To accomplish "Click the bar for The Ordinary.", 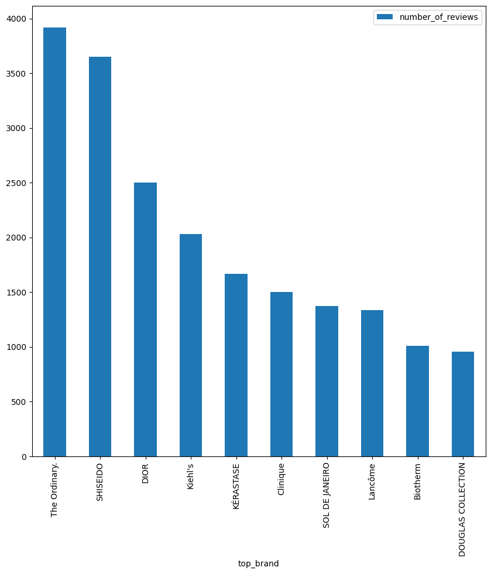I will tap(54, 242).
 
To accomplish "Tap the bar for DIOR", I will tap(145, 319).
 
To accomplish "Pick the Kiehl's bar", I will tap(191, 345).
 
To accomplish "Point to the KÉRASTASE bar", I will tap(236, 365).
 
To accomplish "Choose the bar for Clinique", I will tap(281, 374).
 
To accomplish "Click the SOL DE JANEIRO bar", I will tap(327, 381).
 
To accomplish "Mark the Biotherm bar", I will tap(417, 401).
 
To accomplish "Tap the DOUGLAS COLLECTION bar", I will tap(463, 404).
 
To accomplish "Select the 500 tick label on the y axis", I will tap(20, 402).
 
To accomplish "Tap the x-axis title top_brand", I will tap(258, 563).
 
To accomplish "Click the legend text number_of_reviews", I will tap(439, 17).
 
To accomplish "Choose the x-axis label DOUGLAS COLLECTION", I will tap(462, 509).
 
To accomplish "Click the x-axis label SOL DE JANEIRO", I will tap(327, 495).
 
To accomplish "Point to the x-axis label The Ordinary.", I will tap(54, 490).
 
